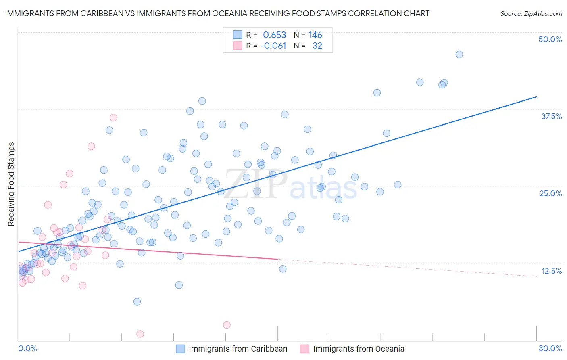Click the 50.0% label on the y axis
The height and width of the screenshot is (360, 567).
click(550, 39)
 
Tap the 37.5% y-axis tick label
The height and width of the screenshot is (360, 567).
click(551, 116)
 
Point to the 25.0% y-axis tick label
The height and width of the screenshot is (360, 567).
click(550, 193)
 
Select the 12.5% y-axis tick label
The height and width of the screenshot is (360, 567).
click(551, 270)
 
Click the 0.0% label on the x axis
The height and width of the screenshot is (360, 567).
click(27, 348)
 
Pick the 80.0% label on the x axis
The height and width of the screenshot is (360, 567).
click(550, 348)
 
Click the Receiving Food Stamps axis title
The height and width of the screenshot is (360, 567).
click(11, 184)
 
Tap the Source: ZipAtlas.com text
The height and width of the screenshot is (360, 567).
click(531, 14)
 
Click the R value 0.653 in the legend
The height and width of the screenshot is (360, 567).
click(274, 35)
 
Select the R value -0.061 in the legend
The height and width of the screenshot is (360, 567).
click(273, 46)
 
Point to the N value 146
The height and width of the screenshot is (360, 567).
click(315, 35)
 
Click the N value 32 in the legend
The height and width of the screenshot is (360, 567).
click(317, 46)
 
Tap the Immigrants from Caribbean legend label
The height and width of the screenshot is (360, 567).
click(238, 349)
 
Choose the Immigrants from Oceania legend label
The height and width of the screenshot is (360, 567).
click(359, 349)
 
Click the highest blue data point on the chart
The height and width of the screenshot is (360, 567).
click(459, 54)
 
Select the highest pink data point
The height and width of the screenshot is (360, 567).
click(113, 117)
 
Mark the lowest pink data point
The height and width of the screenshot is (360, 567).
click(140, 334)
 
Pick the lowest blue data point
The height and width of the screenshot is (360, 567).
click(137, 301)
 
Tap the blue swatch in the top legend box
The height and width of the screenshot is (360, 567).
click(238, 35)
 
